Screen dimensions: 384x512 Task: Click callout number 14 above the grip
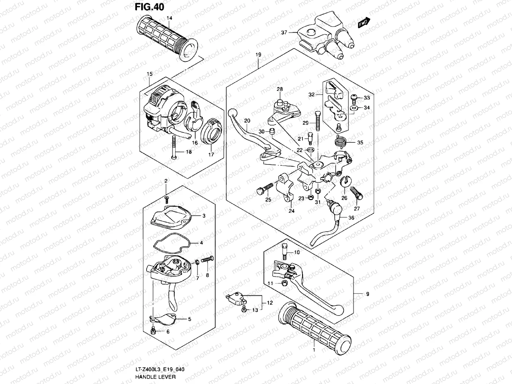coord(169,18)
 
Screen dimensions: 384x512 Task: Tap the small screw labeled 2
coord(166,199)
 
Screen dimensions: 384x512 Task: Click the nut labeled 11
coord(284,283)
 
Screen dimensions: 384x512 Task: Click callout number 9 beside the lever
coord(367,294)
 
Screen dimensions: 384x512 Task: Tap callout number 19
coord(258,55)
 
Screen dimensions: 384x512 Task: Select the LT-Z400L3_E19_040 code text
coord(159,370)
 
